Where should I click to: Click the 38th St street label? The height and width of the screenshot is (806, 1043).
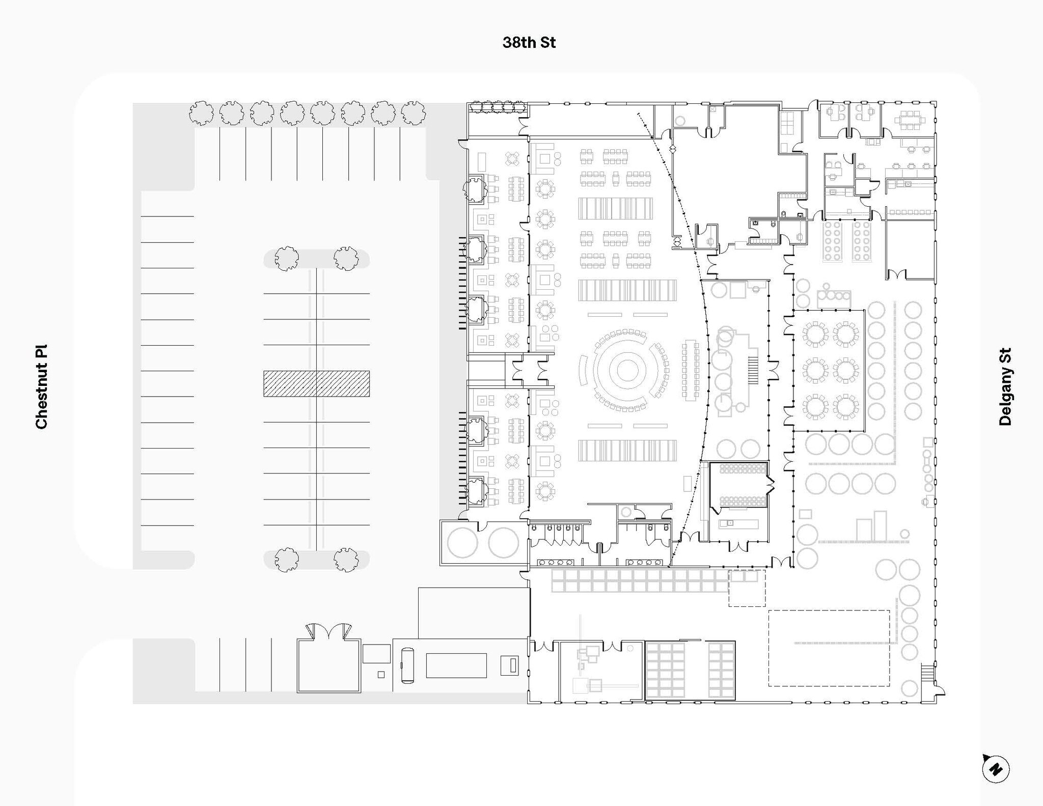(x=529, y=42)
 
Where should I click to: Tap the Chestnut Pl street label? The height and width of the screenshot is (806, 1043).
(x=41, y=387)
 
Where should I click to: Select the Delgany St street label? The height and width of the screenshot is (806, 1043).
(x=1005, y=387)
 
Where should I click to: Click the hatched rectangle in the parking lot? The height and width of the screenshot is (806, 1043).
(x=316, y=383)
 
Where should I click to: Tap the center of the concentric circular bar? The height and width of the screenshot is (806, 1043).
(x=627, y=370)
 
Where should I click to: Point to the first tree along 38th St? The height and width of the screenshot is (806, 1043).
(x=201, y=113)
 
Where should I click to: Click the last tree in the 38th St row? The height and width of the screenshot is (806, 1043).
(x=413, y=113)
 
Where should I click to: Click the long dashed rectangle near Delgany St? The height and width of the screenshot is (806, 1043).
(x=829, y=648)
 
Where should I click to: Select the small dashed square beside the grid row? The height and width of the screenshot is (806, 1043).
(x=747, y=588)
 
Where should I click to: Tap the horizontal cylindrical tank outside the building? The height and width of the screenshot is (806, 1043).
(x=407, y=665)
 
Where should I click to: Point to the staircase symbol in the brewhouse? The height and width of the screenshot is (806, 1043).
(x=753, y=370)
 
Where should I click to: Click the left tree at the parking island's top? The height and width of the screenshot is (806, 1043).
(x=287, y=259)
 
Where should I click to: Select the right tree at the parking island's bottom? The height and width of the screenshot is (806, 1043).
(x=346, y=560)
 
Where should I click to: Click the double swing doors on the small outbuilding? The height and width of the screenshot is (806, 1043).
(x=329, y=632)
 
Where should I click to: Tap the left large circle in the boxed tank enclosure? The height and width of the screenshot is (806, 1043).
(x=462, y=543)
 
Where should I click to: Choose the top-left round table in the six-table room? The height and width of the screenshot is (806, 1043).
(x=815, y=334)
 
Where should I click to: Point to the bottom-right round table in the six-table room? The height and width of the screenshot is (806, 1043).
(x=846, y=407)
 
